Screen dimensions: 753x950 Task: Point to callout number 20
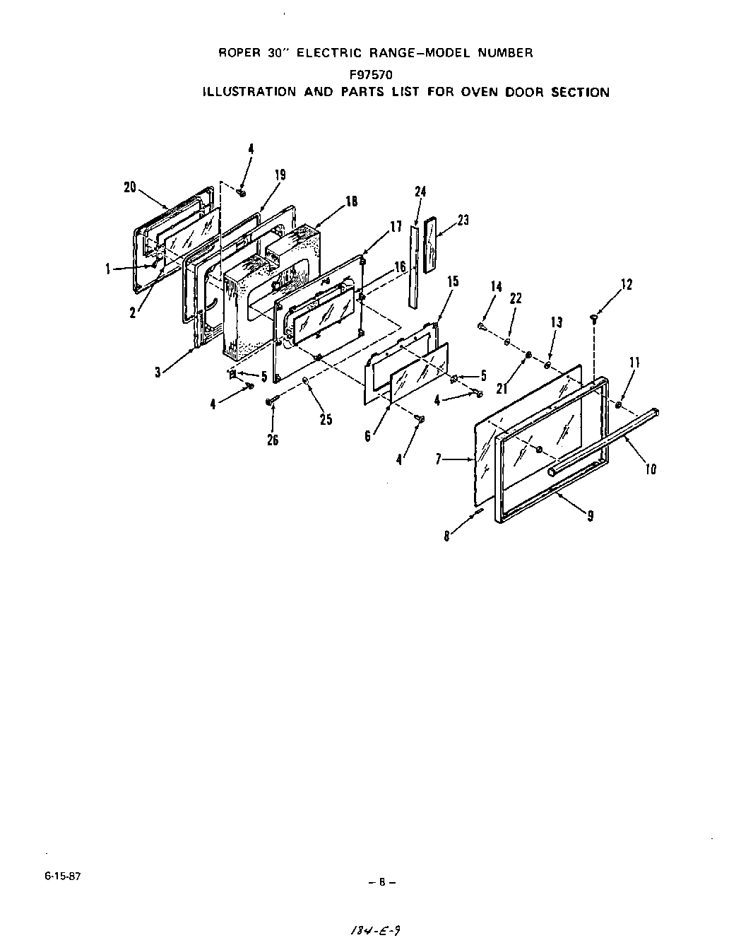pos(129,187)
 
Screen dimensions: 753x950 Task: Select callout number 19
pos(280,175)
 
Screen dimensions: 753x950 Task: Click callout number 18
pos(351,201)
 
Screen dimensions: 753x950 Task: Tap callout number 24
pos(420,192)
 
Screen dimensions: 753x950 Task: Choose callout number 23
pos(463,220)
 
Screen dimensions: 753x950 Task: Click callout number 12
pos(626,284)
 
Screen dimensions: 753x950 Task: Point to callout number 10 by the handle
pos(651,468)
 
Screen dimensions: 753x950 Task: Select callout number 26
pos(273,440)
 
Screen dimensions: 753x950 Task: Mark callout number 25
pos(326,419)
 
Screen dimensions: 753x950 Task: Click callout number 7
pos(439,460)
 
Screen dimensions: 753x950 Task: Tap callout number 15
pos(453,281)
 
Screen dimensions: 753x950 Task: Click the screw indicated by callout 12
pos(594,320)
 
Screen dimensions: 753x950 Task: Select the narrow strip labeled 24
pos(413,265)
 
